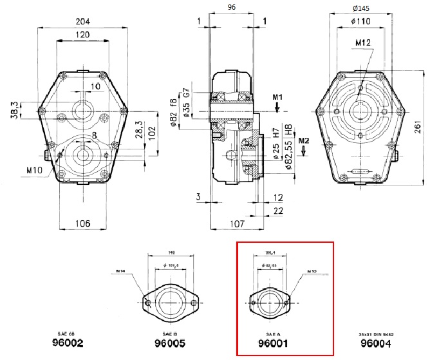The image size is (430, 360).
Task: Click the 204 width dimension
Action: pyautogui.click(x=83, y=21)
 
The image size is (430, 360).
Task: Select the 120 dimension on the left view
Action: pyautogui.click(x=83, y=34)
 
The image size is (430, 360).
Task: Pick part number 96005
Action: pyautogui.click(x=169, y=344)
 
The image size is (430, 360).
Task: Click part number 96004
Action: pyautogui.click(x=376, y=344)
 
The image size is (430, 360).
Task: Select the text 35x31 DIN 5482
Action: pyautogui.click(x=375, y=335)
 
